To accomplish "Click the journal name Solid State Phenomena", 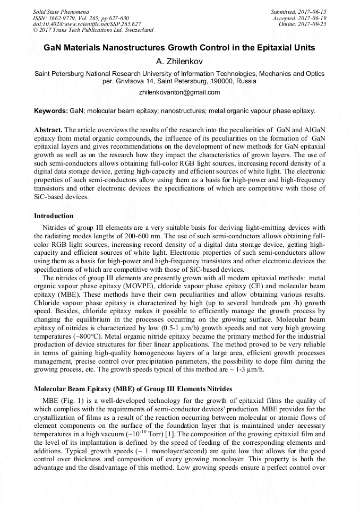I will pos(61,11).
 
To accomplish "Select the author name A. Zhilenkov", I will pos(179,62).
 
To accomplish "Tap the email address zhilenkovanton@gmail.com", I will pos(179,92).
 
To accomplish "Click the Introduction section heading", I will pos(54,216).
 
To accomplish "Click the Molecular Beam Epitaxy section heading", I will pos(133,389).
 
